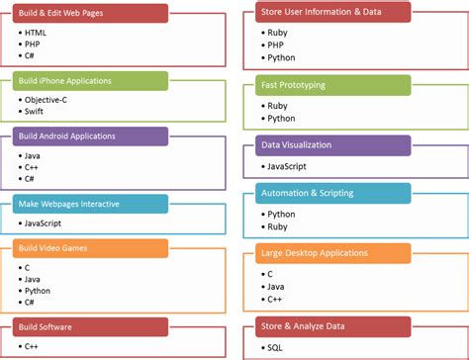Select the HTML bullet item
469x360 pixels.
click(x=36, y=33)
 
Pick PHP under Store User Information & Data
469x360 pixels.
click(x=276, y=45)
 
